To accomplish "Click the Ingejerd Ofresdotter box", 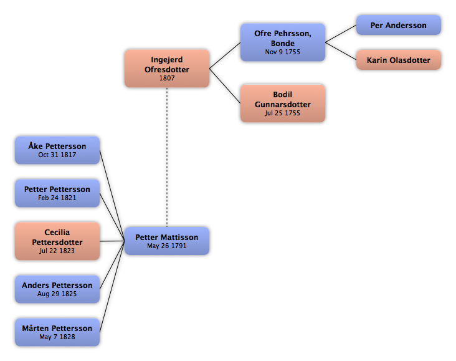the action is [x=167, y=69].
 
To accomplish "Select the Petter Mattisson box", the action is [x=167, y=241].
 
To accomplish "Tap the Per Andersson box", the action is [x=399, y=25].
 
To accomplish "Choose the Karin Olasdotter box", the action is [x=399, y=60].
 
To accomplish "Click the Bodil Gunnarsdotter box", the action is [x=283, y=103].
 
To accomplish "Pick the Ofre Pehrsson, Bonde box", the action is [x=283, y=42].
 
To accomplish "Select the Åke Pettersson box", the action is [x=57, y=150].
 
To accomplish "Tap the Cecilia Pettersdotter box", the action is [x=57, y=241].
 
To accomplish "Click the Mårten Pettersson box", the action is [x=57, y=332].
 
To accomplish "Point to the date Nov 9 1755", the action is [x=282, y=52].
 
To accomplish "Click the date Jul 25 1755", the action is [x=282, y=113].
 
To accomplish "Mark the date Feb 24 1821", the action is [x=57, y=198].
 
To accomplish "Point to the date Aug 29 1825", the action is [x=57, y=294].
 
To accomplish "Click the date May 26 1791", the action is [x=166, y=246].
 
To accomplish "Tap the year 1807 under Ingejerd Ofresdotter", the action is [x=167, y=78].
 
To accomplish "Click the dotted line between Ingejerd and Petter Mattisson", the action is [x=167, y=157].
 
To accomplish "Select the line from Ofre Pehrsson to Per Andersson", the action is [x=341, y=34].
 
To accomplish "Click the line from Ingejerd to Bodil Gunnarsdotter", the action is [x=225, y=86].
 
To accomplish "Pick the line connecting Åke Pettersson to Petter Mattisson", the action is [x=112, y=196].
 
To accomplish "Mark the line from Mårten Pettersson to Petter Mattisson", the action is [x=112, y=286].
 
